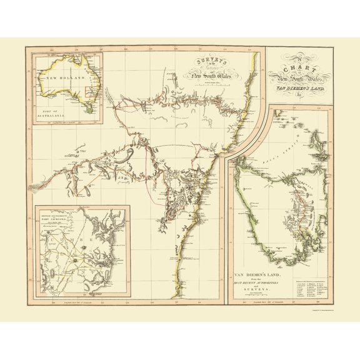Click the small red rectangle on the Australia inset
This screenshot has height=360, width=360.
pos(89,96)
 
